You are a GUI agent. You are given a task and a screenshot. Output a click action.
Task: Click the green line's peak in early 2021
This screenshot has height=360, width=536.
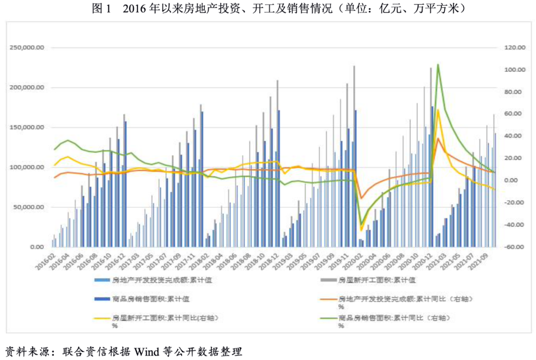(x=438, y=64)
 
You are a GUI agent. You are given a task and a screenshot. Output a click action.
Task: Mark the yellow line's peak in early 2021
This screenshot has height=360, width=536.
(x=438, y=110)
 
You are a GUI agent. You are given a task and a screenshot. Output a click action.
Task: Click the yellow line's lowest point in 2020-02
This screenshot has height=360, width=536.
(x=361, y=230)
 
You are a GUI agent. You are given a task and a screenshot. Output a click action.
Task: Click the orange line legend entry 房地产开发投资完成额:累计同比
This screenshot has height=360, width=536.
(x=397, y=299)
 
